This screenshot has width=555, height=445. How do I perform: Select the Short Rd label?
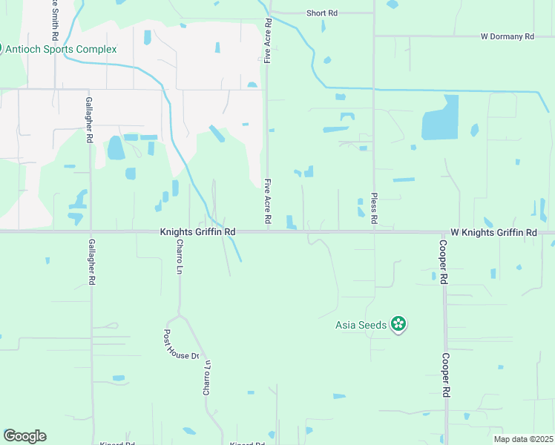pyautogui.click(x=322, y=13)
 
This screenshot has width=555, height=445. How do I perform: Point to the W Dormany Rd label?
pyautogui.click(x=508, y=36)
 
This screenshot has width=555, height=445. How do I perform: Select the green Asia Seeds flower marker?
pyautogui.click(x=399, y=324)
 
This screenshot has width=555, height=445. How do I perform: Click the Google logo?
pyautogui.click(x=24, y=436)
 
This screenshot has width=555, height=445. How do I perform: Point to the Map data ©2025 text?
pyautogui.click(x=521, y=438)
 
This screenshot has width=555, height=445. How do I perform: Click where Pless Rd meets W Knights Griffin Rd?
pyautogui.click(x=374, y=231)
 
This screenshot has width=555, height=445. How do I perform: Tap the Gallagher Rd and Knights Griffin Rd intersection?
pyautogui.click(x=91, y=231)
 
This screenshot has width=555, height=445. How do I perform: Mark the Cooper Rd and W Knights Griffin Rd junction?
pyautogui.click(x=444, y=231)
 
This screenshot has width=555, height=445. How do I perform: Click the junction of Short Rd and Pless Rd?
pyautogui.click(x=374, y=13)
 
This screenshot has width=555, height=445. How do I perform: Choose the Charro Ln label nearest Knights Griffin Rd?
pyautogui.click(x=180, y=256)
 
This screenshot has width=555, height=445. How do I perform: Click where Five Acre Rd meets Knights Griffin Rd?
pyautogui.click(x=268, y=231)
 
